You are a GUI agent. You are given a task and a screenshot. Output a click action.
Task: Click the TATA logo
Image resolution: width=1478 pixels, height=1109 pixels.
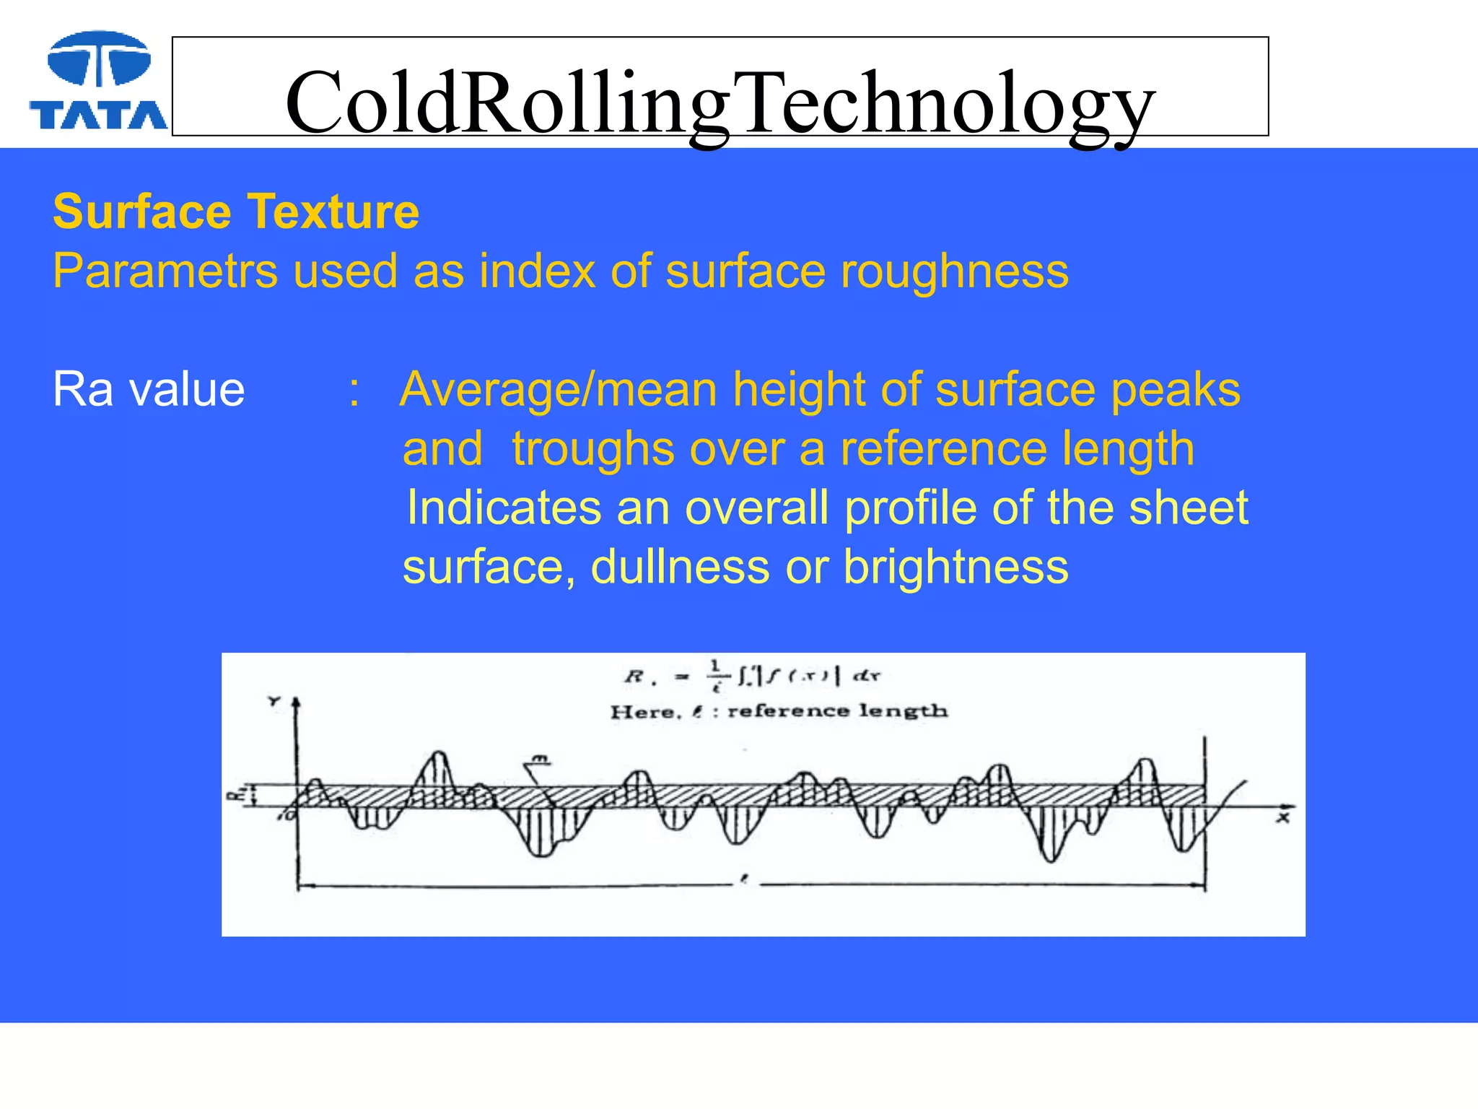coord(99,82)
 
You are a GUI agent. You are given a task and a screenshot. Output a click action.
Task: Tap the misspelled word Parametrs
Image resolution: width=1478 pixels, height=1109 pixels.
coord(165,271)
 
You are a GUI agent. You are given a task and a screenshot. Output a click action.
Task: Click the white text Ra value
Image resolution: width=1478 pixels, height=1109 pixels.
coord(149,390)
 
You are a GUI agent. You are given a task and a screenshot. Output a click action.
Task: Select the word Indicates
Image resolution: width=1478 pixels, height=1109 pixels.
coord(503,508)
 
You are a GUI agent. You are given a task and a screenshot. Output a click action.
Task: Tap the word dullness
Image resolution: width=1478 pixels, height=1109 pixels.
coord(680,567)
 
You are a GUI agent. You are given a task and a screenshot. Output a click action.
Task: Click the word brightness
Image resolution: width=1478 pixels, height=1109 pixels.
coord(956,567)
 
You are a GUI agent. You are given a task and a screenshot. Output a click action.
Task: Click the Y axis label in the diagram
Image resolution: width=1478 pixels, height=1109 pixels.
coord(274,701)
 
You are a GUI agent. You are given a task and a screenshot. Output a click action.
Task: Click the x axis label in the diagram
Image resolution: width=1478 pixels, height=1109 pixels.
coord(1282,818)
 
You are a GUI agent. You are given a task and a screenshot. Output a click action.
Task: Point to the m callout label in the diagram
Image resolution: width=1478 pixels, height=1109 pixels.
coord(540,759)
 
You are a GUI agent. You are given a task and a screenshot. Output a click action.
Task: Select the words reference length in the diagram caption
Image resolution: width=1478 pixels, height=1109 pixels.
coord(837,711)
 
